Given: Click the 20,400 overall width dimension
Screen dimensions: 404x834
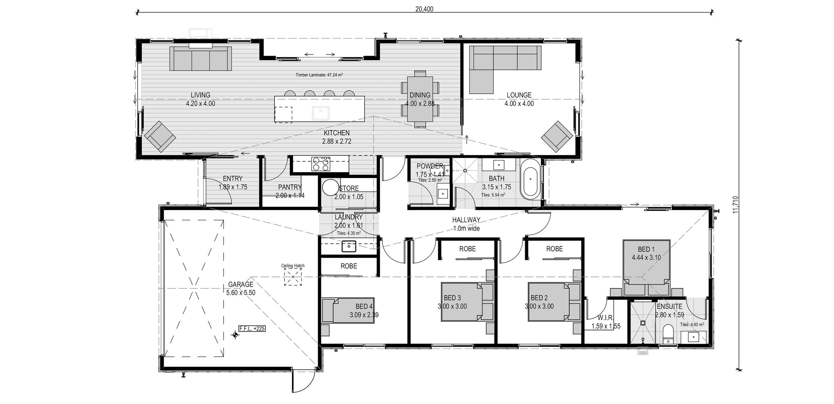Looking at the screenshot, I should [x=424, y=9].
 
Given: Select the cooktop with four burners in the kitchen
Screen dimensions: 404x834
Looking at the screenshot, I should [x=321, y=164].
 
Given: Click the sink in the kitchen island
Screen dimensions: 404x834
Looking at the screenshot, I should [x=321, y=113].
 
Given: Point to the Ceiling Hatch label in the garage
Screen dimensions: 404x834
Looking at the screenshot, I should [x=293, y=266].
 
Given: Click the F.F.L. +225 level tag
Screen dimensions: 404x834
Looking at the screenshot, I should [x=252, y=328].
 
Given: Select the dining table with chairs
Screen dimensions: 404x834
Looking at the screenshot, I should [x=420, y=98].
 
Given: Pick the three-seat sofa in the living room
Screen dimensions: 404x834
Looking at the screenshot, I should [x=200, y=59].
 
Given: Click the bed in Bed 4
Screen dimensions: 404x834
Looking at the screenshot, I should [x=348, y=311].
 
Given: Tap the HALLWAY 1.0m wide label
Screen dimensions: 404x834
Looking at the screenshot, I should [x=467, y=224].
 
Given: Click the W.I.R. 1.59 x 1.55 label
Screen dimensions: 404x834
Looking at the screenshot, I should [x=606, y=322].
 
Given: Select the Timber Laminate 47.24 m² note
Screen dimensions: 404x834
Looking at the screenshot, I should [x=319, y=75].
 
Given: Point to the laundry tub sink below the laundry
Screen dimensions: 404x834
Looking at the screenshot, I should [x=349, y=246].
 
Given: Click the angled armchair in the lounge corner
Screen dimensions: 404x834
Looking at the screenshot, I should [x=556, y=137].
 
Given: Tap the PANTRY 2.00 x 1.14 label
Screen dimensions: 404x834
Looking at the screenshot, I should [x=290, y=191].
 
